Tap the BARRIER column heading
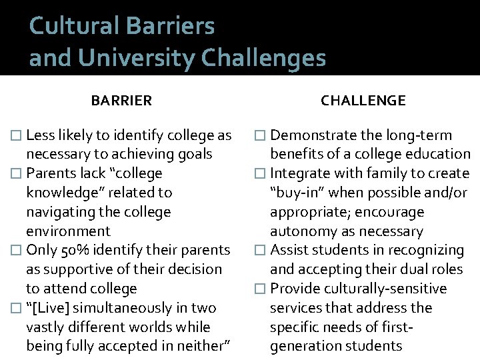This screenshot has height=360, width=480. (x=121, y=101)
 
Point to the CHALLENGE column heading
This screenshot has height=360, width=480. (x=363, y=101)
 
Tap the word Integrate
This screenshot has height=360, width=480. (x=299, y=173)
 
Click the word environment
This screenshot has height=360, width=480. (x=68, y=231)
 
